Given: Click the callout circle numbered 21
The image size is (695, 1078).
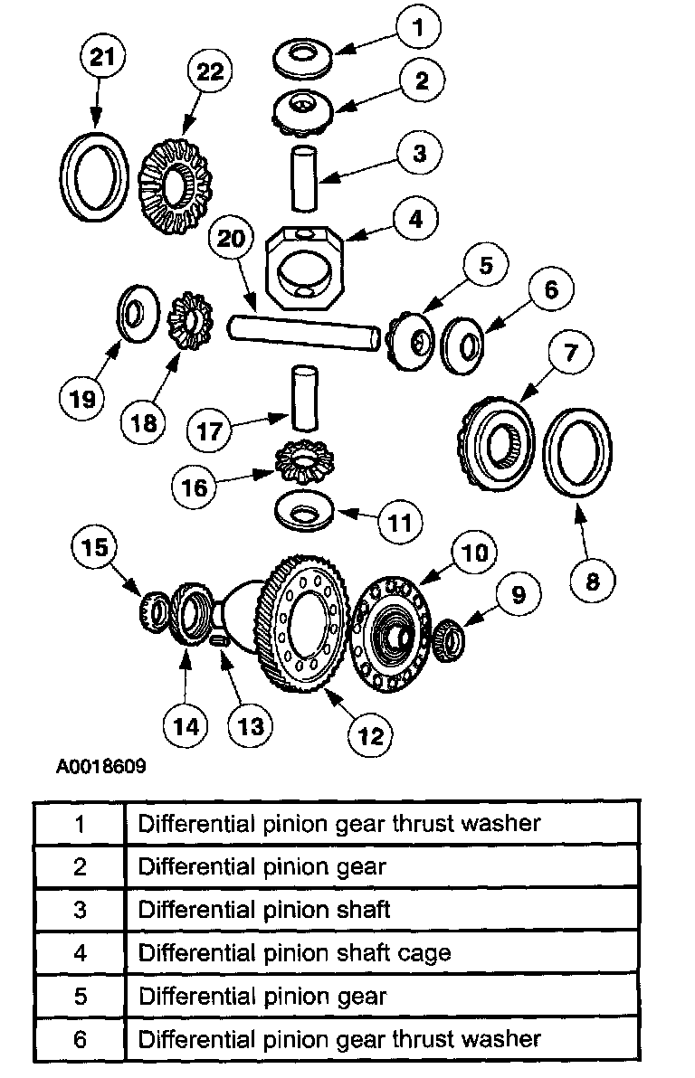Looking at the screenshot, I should [x=103, y=60].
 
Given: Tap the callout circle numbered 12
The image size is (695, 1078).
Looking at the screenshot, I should [x=372, y=735].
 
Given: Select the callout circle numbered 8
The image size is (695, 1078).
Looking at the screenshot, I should [x=593, y=579].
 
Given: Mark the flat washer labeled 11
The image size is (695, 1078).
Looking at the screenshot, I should [x=302, y=513].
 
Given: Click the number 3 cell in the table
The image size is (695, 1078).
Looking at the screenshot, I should [x=80, y=909].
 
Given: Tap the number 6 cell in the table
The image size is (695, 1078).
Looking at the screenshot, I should [x=80, y=1039].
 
